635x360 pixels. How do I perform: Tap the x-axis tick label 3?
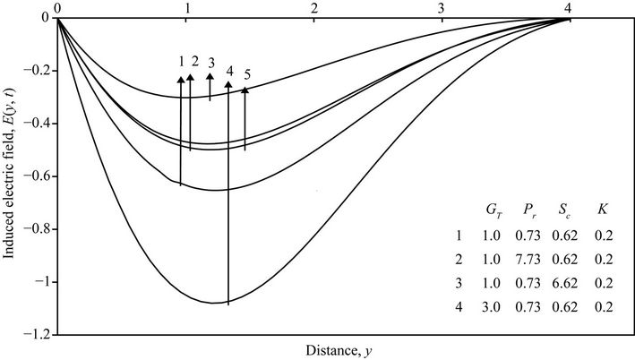tap(442, 7)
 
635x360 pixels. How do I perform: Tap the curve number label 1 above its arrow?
tap(181, 62)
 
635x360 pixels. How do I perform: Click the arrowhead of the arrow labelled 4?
tap(228, 85)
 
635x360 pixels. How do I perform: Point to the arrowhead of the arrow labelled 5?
tap(245, 90)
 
